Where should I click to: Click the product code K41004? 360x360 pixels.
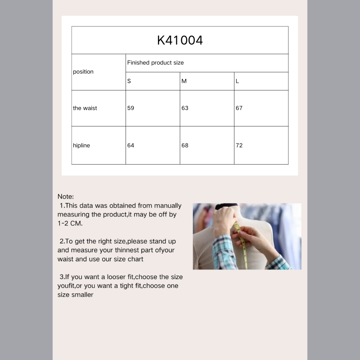[x=180, y=40]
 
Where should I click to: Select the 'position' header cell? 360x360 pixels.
[x=83, y=72]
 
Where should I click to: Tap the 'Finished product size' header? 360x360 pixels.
[x=155, y=63]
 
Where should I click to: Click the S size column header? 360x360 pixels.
[x=129, y=81]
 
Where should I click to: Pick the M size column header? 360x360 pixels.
[x=184, y=81]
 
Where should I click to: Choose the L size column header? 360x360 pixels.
[x=237, y=81]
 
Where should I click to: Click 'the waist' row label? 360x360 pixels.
[x=85, y=108]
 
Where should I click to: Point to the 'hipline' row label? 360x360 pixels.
[x=81, y=145]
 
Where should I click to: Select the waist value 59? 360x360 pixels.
[x=130, y=108]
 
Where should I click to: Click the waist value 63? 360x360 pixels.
[x=185, y=108]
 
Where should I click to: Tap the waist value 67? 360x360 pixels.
[x=239, y=108]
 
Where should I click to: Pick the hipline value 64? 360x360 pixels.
[x=130, y=145]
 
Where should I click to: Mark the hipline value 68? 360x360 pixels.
[x=185, y=145]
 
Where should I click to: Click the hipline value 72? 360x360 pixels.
[x=239, y=145]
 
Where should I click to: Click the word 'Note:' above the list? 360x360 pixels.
[x=66, y=197]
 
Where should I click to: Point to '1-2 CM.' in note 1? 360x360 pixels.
[x=70, y=223]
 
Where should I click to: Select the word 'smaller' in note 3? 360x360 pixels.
[x=82, y=295]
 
